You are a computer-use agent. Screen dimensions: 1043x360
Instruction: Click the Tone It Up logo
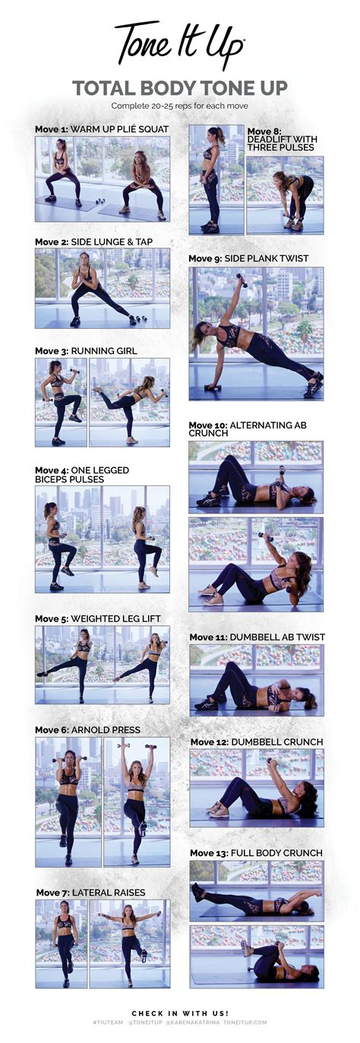pyautogui.click(x=179, y=46)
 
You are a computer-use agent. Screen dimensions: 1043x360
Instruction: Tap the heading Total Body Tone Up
pyautogui.click(x=180, y=88)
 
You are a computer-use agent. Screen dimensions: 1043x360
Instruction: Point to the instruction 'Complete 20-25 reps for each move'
pyautogui.click(x=180, y=106)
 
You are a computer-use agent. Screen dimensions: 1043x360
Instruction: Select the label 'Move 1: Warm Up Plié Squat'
pyautogui.click(x=102, y=129)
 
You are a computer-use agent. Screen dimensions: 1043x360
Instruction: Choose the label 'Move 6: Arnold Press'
pyautogui.click(x=87, y=730)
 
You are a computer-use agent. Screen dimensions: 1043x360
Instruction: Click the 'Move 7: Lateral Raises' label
pyautogui.click(x=90, y=892)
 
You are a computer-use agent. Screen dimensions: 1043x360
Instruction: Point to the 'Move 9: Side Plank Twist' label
pyautogui.click(x=248, y=258)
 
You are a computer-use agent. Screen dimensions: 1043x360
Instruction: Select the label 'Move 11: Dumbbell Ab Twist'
pyautogui.click(x=257, y=637)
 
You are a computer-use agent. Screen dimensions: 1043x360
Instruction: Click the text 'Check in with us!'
pyautogui.click(x=180, y=1013)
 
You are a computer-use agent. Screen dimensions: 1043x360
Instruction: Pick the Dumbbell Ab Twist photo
pyautogui.click(x=256, y=679)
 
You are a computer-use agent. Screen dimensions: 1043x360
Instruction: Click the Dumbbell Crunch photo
pyautogui.click(x=256, y=787)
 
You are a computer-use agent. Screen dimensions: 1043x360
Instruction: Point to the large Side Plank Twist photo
pyautogui.click(x=256, y=333)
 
